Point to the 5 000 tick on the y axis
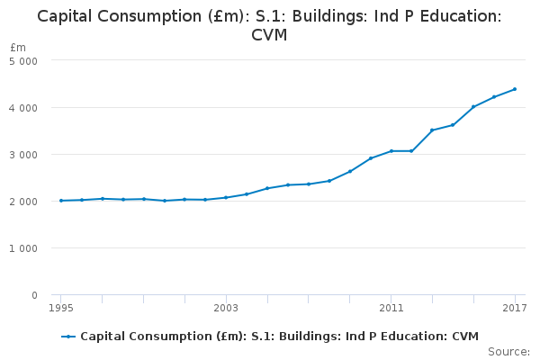pos(23,61)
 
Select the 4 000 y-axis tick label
pos(23,108)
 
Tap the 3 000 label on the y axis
pos(23,155)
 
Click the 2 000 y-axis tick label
pos(23,202)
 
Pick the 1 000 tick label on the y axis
pos(23,248)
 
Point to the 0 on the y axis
pos(33,295)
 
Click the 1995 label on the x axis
pos(61,309)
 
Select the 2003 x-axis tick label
pos(226,309)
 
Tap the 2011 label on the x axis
pos(391,309)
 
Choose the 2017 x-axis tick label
pos(514,309)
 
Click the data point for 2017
pos(514,89)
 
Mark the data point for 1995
pos(61,201)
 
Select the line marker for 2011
pos(391,151)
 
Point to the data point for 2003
pos(226,197)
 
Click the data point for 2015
pos(473,107)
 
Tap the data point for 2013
pos(432,130)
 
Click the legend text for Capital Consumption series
pos(279,336)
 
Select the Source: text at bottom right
pos(508,351)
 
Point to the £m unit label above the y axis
pos(18,47)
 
